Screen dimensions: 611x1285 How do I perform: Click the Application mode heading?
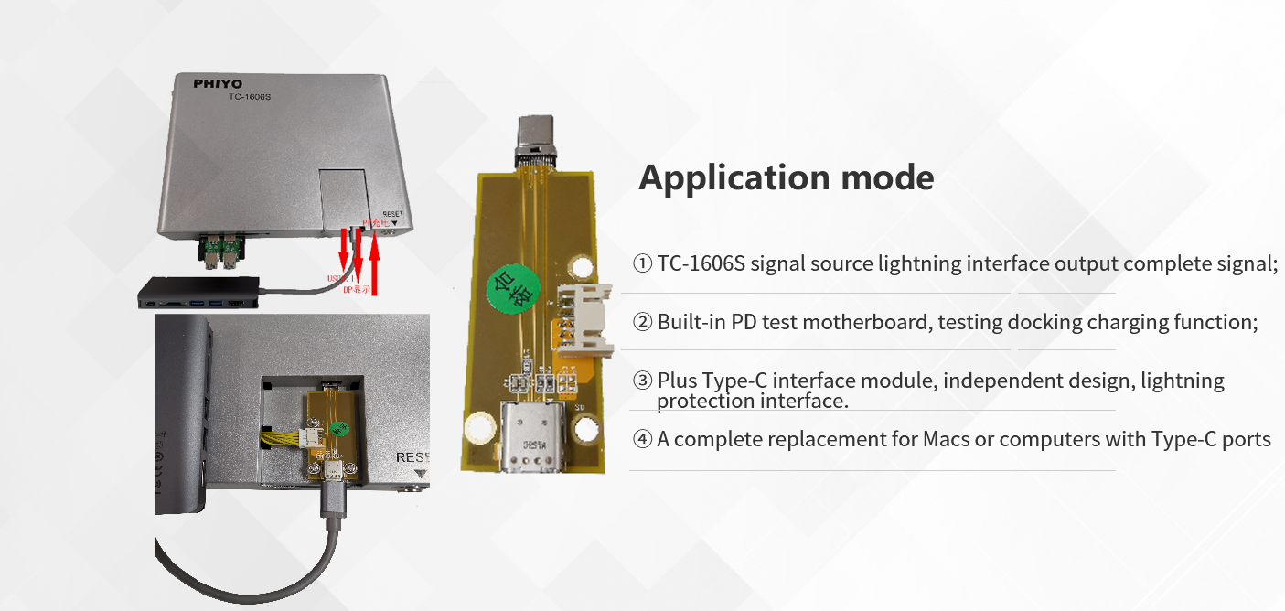pyautogui.click(x=786, y=177)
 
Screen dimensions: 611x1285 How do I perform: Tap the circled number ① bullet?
pyautogui.click(x=642, y=264)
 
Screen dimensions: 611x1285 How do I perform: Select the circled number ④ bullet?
pyautogui.click(x=642, y=440)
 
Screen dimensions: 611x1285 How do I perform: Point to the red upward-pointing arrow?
pyautogui.click(x=374, y=264)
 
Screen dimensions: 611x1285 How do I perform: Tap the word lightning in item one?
pyautogui.click(x=917, y=264)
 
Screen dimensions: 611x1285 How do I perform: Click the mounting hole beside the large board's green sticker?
pyautogui.click(x=582, y=266)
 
